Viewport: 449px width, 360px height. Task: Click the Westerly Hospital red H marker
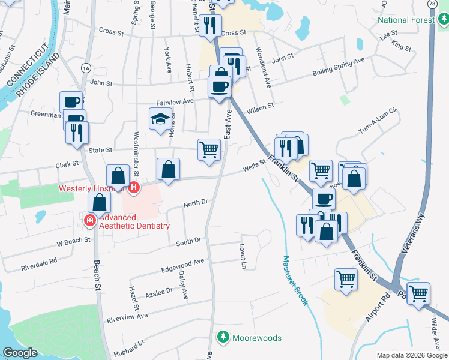(134, 188)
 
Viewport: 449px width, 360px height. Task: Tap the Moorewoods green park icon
(223, 338)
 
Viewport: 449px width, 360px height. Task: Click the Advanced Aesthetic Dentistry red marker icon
(90, 221)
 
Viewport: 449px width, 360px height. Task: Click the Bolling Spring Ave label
(339, 67)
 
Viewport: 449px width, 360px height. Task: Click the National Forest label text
(406, 20)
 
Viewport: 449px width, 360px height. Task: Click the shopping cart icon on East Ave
(209, 149)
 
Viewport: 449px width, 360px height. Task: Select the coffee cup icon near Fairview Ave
(220, 86)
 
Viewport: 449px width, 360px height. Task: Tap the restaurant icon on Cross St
(210, 25)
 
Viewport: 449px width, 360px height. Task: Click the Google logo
(20, 353)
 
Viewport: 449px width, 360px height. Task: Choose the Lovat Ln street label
(243, 256)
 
